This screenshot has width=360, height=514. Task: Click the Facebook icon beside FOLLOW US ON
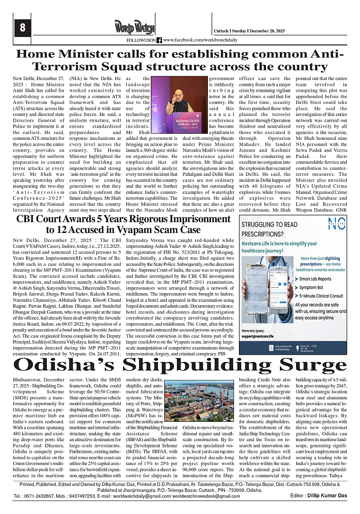[x=159, y=40]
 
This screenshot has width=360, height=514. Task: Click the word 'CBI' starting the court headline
[x=27, y=219]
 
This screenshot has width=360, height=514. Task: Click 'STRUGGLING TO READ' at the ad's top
[x=270, y=225]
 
